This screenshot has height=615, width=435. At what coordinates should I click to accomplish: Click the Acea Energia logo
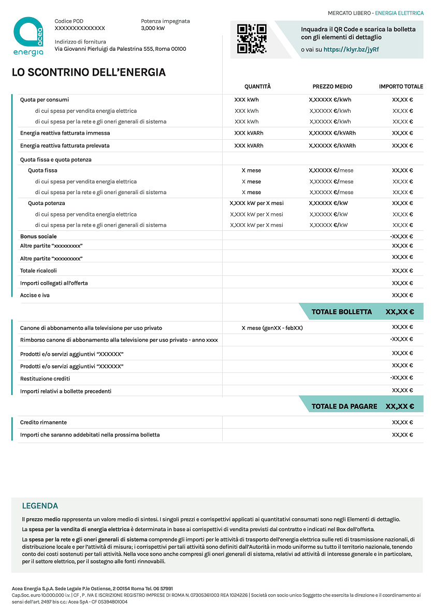[x=28, y=36]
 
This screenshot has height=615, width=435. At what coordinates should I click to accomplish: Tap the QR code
[x=252, y=39]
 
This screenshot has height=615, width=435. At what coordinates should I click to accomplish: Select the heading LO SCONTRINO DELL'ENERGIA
[x=89, y=72]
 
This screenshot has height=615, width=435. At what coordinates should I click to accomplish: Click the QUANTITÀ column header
[x=257, y=86]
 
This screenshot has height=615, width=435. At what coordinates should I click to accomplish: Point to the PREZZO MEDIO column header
[x=332, y=86]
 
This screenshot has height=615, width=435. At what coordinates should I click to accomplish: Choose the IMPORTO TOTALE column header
[x=401, y=86]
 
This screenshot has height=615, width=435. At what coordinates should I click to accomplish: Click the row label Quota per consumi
[x=45, y=99]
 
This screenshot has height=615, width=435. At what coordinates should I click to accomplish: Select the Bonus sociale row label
[x=38, y=237]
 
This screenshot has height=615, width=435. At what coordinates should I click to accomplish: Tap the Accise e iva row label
[x=35, y=295]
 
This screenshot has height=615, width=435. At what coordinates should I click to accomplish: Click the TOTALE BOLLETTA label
[x=342, y=312]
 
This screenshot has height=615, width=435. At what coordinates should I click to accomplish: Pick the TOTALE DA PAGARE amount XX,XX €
[x=400, y=406]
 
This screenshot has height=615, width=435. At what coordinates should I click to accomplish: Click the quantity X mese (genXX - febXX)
[x=272, y=328]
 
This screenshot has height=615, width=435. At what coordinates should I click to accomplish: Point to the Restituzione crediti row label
[x=45, y=378]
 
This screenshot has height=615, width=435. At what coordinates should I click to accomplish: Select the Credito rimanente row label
[x=44, y=422]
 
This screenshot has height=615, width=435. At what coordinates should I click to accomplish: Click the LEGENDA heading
[x=40, y=506]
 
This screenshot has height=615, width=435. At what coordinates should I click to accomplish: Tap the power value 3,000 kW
[x=152, y=28]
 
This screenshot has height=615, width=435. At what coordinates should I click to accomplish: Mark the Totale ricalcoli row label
[x=38, y=271]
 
